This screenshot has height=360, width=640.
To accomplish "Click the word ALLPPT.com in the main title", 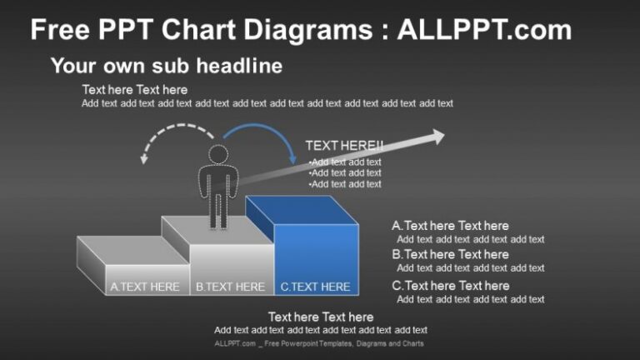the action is tap(484, 29).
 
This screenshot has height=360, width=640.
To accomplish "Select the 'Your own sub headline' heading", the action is tap(167, 66).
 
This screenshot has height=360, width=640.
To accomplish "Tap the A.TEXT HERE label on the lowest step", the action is tap(144, 287).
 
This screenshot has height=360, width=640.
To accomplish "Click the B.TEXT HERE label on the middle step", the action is tap(230, 287).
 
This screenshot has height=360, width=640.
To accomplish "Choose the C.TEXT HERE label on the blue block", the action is tap(315, 287).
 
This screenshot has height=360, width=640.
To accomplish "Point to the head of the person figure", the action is tap(218, 155).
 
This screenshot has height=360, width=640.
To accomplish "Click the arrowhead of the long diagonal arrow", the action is tap(437, 137).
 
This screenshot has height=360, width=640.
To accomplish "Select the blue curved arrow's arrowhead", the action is tap(292, 158).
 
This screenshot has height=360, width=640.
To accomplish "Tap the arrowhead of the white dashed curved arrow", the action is tap(143, 158).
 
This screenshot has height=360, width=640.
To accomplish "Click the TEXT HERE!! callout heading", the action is tap(344, 145).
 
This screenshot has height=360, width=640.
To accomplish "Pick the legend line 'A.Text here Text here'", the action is tap(450, 226).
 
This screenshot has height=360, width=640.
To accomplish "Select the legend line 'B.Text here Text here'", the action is tap(450, 254).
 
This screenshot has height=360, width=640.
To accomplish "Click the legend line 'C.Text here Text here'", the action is tap(451, 286).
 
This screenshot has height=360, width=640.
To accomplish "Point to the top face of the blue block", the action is tap(302, 210).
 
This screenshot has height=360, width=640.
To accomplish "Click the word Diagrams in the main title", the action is tap(307, 30).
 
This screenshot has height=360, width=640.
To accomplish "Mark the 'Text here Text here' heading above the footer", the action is tap(321, 317).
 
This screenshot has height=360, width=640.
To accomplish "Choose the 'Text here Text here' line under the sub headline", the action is tap(135, 90).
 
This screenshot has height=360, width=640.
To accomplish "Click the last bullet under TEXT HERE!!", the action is tap(345, 184).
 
